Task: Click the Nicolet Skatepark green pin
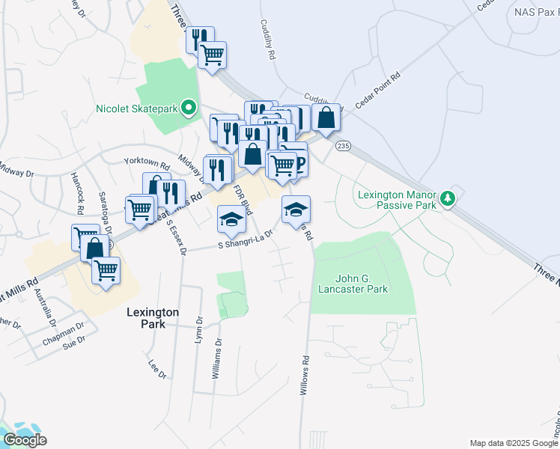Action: pyautogui.click(x=189, y=109)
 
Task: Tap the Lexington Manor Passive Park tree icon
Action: pyautogui.click(x=448, y=198)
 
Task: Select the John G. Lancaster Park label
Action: pyautogui.click(x=353, y=284)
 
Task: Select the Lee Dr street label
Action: pyautogui.click(x=156, y=370)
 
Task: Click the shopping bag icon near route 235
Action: pyautogui.click(x=326, y=117)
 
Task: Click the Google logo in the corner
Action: pyautogui.click(x=25, y=440)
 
